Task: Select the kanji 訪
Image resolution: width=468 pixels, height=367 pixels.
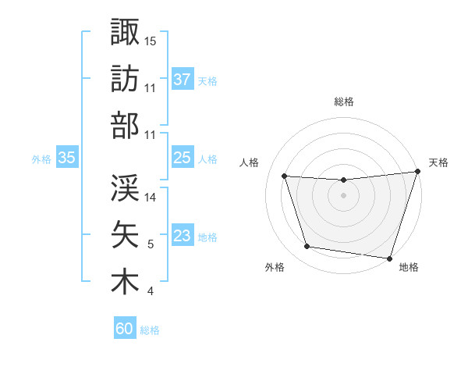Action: (125, 79)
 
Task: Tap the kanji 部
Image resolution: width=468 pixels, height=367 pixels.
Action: (125, 126)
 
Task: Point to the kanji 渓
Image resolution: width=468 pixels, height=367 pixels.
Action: (125, 187)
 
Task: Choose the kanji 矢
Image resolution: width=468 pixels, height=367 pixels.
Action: (125, 234)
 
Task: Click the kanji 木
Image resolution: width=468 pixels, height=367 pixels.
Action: (125, 282)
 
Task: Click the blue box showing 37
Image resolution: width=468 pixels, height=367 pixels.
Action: (183, 79)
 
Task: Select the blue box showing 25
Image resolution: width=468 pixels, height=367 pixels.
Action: (183, 158)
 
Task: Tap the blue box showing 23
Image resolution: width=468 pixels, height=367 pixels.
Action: (183, 236)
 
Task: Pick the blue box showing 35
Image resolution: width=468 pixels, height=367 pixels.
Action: (67, 158)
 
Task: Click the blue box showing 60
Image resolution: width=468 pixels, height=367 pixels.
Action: (125, 329)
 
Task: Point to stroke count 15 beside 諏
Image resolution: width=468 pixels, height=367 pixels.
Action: (151, 40)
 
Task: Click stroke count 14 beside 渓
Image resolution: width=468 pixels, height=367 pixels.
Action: (151, 198)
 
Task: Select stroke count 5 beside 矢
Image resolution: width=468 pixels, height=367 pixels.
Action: (151, 244)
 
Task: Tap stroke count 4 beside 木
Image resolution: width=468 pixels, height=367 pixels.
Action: (151, 292)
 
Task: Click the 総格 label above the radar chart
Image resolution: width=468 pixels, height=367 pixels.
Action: (344, 102)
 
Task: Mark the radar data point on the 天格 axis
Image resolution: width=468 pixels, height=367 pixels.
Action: (417, 172)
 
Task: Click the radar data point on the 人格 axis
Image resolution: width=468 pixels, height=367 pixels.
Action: (285, 176)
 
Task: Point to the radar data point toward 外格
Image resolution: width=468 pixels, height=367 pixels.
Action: (307, 247)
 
